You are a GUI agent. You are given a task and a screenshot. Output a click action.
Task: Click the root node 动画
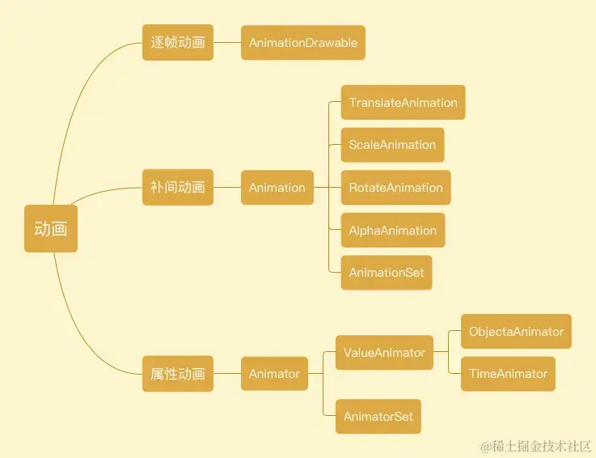click(51, 229)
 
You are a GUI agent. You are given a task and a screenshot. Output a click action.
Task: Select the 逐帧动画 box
click(178, 42)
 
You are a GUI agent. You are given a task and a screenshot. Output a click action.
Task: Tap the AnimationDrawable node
click(303, 43)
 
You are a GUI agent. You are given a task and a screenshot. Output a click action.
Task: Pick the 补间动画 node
click(178, 187)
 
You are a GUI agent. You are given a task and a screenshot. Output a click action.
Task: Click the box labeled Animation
click(277, 188)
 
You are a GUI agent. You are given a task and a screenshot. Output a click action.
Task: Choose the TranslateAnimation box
click(403, 103)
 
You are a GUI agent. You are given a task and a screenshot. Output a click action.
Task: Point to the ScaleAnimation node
click(392, 145)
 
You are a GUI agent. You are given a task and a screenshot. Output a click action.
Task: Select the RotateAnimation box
click(395, 188)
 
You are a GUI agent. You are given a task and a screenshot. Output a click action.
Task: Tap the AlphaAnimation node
click(392, 231)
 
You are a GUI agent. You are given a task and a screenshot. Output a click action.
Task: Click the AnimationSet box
click(387, 273)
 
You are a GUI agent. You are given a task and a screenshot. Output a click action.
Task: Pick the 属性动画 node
click(178, 374)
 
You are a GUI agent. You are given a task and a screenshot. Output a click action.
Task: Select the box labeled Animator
click(274, 374)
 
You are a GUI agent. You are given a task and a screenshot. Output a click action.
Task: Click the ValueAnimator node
click(384, 353)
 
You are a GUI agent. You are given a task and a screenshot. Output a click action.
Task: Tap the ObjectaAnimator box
click(516, 332)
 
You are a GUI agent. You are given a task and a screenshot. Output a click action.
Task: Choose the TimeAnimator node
click(508, 374)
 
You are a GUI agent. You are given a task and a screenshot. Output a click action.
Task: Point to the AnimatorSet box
click(378, 417)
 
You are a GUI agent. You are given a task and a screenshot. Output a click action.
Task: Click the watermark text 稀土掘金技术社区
click(542, 446)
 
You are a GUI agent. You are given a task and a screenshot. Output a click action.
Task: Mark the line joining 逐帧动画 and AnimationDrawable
click(227, 43)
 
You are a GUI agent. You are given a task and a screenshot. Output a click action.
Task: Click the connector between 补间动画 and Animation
click(227, 188)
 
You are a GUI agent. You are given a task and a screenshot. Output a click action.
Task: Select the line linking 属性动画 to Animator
click(227, 374)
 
